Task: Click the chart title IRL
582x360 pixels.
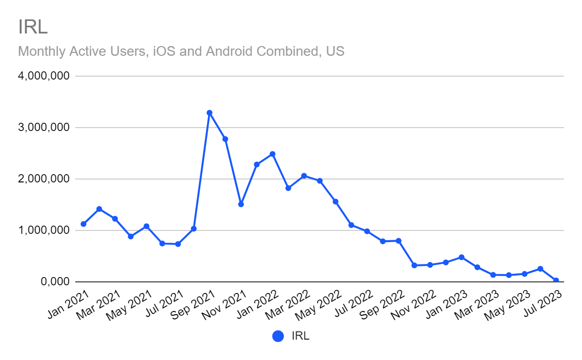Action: [32, 27]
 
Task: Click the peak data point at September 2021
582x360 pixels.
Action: [210, 113]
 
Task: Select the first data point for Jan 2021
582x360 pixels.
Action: [83, 224]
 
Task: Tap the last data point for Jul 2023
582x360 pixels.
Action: [556, 280]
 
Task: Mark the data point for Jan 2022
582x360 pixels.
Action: [273, 154]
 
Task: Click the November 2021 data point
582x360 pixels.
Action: [241, 204]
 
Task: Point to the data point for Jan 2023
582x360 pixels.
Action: [461, 257]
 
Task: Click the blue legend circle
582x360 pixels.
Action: [278, 336]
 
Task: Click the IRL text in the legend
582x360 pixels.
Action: [300, 336]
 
